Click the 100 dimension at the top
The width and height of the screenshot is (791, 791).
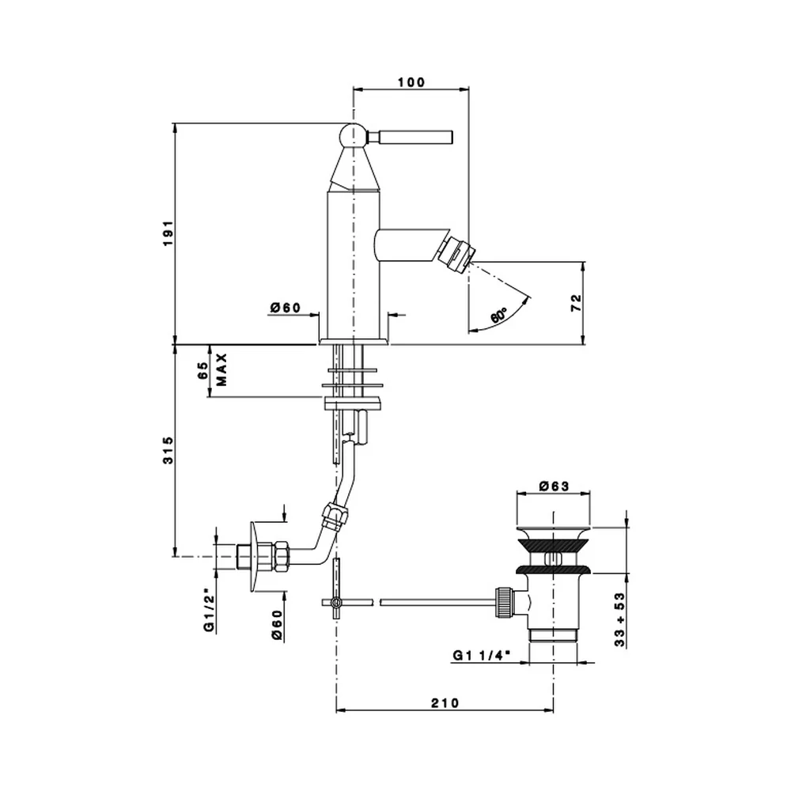411,81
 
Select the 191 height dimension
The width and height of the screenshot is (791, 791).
168,233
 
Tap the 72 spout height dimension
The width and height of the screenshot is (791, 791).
576,302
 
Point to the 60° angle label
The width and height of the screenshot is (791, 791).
498,316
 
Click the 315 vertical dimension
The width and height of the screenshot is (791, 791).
168,450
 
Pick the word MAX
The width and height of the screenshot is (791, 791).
222,369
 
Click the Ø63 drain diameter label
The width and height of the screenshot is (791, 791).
554,486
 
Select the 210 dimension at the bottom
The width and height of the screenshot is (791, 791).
445,702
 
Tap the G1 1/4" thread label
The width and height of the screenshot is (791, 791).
481,655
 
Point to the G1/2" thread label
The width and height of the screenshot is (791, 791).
209,612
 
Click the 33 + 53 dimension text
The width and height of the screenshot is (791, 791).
619,619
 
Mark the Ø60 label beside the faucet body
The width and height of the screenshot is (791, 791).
285,307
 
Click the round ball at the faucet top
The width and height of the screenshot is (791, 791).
352,135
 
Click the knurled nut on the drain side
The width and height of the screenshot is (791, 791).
505,601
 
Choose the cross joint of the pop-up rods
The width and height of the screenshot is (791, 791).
336,602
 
